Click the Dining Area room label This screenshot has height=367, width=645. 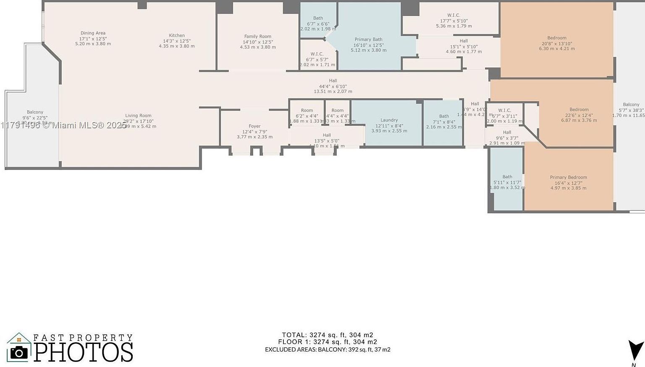pos(93,33)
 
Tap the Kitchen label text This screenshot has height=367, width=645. pos(177,36)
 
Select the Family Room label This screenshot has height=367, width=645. pos(258,36)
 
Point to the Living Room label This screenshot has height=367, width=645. pos(138,116)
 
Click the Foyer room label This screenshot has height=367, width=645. pos(254,126)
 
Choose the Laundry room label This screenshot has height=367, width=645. pos(389,120)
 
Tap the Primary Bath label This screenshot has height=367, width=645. pos(368,39)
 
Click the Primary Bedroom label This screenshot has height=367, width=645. pos(568,177)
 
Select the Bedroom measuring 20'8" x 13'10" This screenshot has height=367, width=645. pos(556,38)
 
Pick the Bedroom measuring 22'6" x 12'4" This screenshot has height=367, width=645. pos(579,109)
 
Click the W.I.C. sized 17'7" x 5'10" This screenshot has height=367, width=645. pos(454,16)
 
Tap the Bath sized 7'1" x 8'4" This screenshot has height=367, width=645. pos(444,116)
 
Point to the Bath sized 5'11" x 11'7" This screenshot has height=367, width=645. pos(507,177)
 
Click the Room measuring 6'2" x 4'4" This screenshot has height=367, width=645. pos(307,111)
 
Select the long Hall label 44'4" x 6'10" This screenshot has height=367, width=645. pos(333,81)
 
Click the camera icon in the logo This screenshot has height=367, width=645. pos(19,351)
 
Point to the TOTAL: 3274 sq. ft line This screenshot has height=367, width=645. pos(328,335)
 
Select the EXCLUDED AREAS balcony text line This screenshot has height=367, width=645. pos(328,349)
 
